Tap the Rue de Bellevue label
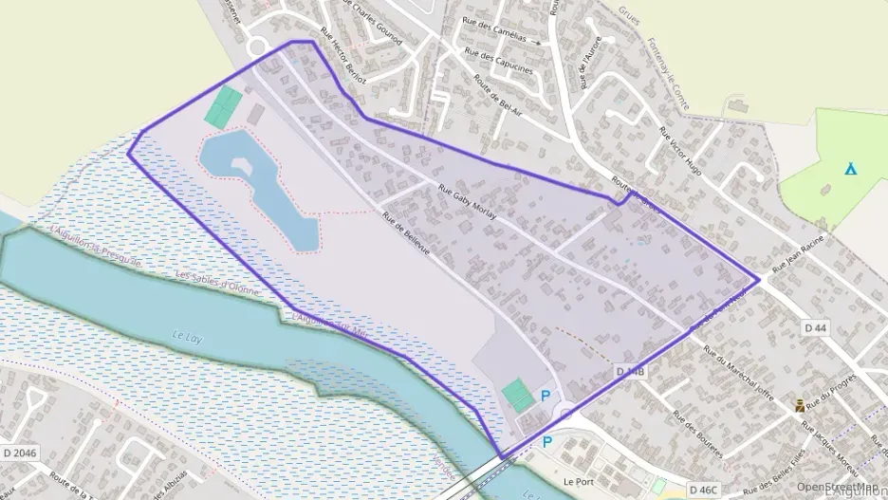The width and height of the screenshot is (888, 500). [x=406, y=232]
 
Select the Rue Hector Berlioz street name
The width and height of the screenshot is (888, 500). [x=342, y=57]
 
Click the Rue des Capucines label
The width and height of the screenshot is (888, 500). [x=506, y=63]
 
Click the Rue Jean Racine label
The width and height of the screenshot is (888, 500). [x=802, y=255]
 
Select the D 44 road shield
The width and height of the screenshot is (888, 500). [x=815, y=327]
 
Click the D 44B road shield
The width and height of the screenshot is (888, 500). [x=630, y=371]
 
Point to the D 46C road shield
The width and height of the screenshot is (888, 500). [x=703, y=490]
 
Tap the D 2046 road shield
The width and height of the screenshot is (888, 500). [x=18, y=454]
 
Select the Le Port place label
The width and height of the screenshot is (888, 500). [x=577, y=481]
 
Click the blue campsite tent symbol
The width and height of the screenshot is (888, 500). [x=851, y=170]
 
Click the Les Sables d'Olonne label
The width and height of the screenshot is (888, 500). [x=217, y=282]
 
